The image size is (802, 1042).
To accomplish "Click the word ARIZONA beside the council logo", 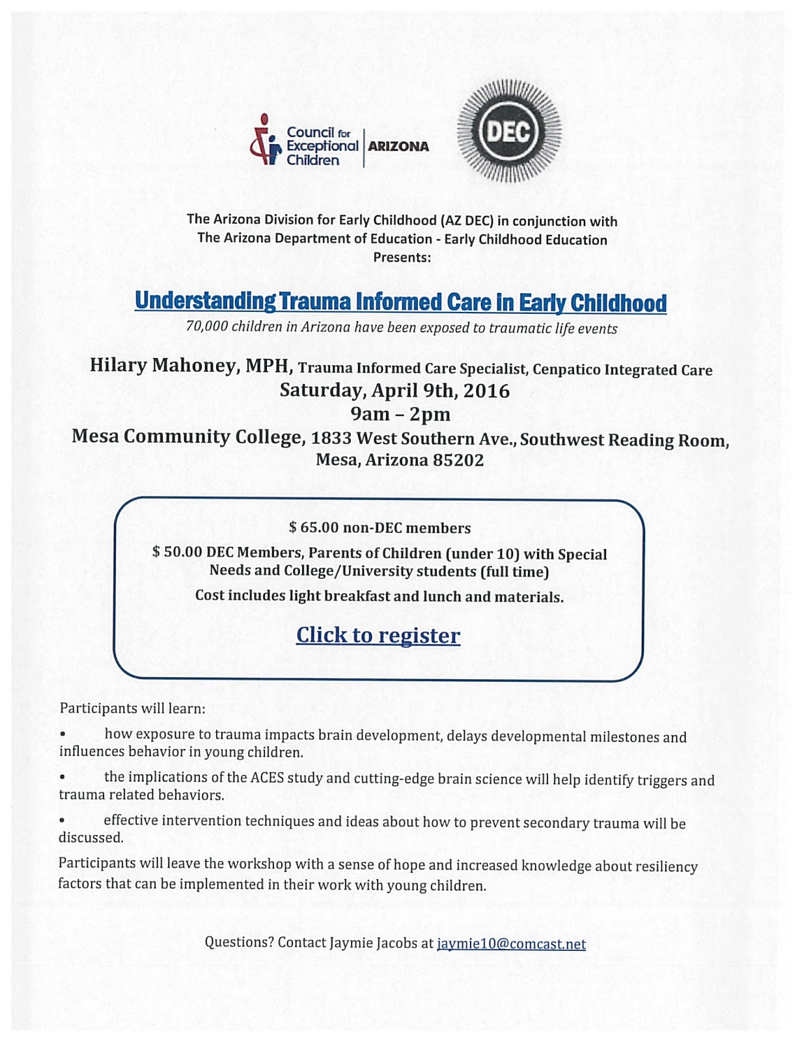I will [x=398, y=147].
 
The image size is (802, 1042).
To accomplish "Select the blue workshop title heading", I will [x=400, y=302].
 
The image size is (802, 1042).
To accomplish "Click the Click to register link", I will [x=378, y=635].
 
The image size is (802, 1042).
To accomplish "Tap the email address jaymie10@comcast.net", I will [x=511, y=944].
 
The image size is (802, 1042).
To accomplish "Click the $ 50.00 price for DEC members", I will [x=177, y=552].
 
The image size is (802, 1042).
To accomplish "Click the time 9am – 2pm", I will [x=400, y=414].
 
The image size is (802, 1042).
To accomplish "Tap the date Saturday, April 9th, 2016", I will [x=394, y=391].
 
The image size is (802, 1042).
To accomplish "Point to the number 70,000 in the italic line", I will [x=207, y=326].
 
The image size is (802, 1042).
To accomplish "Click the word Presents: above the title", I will [x=402, y=257].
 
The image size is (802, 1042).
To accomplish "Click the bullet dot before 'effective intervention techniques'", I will [x=62, y=821].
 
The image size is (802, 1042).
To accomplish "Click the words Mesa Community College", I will [x=187, y=436].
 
